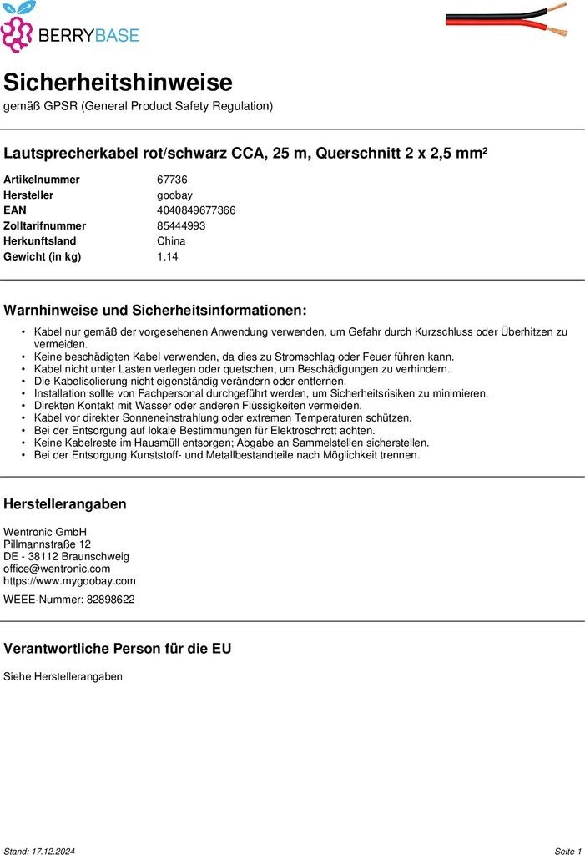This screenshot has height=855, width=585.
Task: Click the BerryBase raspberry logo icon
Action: click(17, 28)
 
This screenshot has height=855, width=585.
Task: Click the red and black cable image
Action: click(507, 19)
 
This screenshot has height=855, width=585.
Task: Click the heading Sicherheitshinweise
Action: click(118, 83)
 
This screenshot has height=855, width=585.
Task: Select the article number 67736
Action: click(172, 180)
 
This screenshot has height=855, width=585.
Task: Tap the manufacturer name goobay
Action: click(174, 195)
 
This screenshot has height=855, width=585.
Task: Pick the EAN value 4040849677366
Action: click(196, 210)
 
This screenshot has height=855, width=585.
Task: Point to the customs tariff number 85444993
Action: click(181, 225)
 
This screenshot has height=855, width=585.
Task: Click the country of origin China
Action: click(171, 241)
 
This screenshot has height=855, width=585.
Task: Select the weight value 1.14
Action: click(167, 256)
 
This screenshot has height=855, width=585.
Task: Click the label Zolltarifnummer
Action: click(44, 225)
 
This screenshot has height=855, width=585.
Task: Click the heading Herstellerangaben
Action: click(65, 503)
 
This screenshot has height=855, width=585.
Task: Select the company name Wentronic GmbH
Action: click(45, 532)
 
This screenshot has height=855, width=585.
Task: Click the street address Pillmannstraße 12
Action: click(47, 544)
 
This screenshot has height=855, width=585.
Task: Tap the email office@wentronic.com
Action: click(57, 569)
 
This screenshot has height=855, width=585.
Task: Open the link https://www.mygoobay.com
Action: click(69, 581)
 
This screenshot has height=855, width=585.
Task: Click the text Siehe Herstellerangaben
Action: click(63, 676)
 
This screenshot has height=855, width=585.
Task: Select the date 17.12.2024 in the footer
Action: click(53, 851)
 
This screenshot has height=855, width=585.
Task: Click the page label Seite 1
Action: click(567, 851)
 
